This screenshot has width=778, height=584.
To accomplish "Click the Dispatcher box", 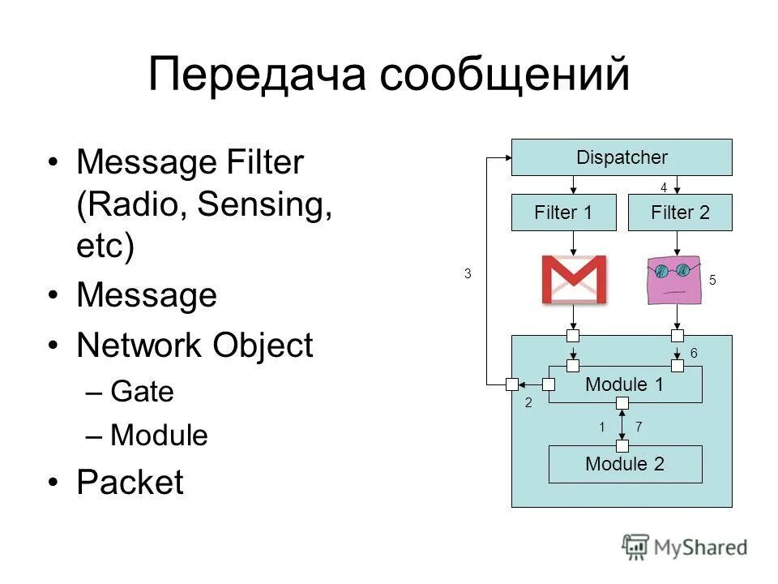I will tap(621, 157).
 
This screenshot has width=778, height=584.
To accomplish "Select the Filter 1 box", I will tap(563, 213).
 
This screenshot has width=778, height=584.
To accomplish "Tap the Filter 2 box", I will tap(680, 213).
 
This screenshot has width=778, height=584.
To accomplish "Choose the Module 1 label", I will tap(624, 384).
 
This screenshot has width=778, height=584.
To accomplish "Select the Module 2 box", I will tap(625, 464).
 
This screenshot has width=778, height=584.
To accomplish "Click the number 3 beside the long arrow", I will tap(468, 274).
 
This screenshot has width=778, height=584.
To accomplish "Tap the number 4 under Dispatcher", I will tap(663, 187).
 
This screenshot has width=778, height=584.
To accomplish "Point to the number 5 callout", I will tap(713, 280).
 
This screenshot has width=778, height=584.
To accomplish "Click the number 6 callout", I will tap(694, 353).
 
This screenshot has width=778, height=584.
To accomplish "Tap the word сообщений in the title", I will tap(505, 75).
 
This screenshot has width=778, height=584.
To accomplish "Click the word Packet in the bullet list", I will tap(130, 483).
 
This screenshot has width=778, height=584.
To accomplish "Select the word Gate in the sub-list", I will tap(142, 392).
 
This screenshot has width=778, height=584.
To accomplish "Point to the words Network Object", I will tap(194, 346).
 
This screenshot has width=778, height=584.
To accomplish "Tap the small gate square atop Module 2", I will tap(622, 445).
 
